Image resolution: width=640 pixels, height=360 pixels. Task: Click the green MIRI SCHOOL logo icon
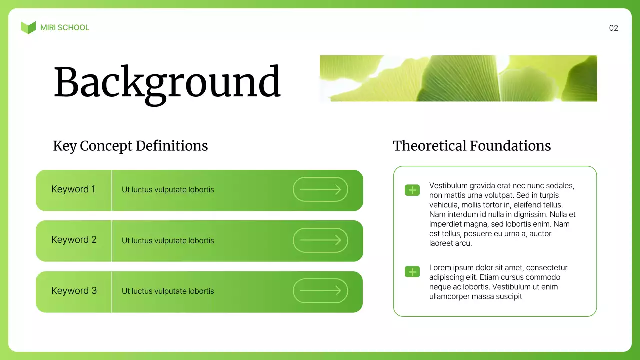(x=28, y=28)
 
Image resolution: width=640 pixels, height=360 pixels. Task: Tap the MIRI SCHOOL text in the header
(x=65, y=28)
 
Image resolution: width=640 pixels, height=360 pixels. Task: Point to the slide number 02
(x=613, y=28)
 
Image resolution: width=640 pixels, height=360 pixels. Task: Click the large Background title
(x=167, y=82)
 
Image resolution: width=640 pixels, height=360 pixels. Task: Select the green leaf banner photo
(x=458, y=78)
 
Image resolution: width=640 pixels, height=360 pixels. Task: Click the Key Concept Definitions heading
(x=130, y=146)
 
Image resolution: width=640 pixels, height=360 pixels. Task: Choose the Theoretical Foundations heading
(x=471, y=146)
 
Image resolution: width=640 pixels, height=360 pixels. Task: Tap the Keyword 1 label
(x=73, y=189)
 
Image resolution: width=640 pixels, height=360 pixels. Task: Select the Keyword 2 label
(x=74, y=240)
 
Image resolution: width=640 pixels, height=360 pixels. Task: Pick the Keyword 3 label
(x=74, y=291)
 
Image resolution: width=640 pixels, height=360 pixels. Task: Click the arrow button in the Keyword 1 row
(x=320, y=189)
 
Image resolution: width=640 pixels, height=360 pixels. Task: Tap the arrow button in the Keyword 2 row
(x=320, y=240)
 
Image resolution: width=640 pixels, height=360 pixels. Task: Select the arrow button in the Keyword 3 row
(x=320, y=291)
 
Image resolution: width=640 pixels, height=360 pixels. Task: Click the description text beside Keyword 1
(x=168, y=190)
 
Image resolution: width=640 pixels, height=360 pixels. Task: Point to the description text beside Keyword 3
(x=168, y=291)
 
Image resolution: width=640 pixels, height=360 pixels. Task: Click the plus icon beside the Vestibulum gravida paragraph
(x=412, y=190)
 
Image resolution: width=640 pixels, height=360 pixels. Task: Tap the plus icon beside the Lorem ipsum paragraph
(x=412, y=272)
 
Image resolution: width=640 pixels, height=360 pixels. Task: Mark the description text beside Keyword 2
(x=168, y=241)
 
